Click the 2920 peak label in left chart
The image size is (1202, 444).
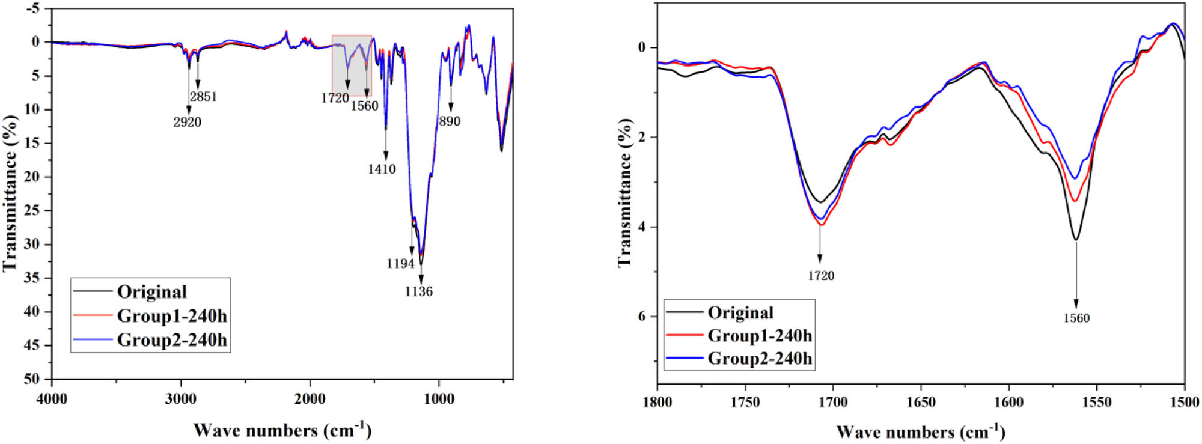click(187, 122)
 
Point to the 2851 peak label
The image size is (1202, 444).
click(203, 97)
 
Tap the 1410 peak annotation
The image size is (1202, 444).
click(382, 169)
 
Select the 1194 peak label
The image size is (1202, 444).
click(400, 263)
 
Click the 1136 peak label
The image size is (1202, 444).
click(418, 291)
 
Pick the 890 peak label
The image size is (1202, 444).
click(450, 121)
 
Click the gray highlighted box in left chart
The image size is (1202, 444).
click(352, 65)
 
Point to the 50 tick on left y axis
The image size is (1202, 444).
click(32, 379)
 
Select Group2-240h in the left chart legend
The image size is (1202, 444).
click(172, 340)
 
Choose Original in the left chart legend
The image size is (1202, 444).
click(152, 292)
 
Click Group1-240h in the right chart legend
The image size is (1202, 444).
click(760, 335)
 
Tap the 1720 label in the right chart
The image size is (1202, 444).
click(820, 276)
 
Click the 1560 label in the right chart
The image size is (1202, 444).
click(1076, 318)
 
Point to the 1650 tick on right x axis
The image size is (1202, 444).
click(921, 401)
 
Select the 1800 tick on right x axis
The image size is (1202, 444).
click(657, 401)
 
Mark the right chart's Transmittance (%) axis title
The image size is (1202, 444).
click(625, 192)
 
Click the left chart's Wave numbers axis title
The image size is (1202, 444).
click(282, 430)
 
